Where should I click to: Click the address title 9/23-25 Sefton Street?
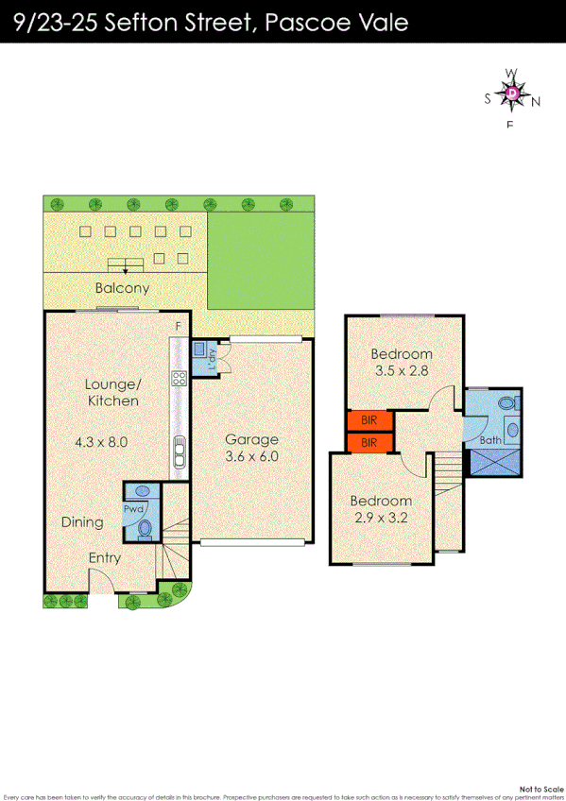(213, 22)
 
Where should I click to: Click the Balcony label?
(122, 288)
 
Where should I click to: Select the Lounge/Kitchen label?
(112, 392)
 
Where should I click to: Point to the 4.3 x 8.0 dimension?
(101, 441)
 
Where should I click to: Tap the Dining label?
(82, 521)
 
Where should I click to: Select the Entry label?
(104, 557)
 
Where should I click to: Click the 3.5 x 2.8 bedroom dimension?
(400, 370)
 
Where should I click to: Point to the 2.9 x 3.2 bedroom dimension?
(380, 518)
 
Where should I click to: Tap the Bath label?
(491, 440)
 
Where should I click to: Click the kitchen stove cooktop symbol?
(178, 379)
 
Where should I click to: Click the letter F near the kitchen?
(177, 327)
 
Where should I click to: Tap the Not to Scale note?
(540, 788)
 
